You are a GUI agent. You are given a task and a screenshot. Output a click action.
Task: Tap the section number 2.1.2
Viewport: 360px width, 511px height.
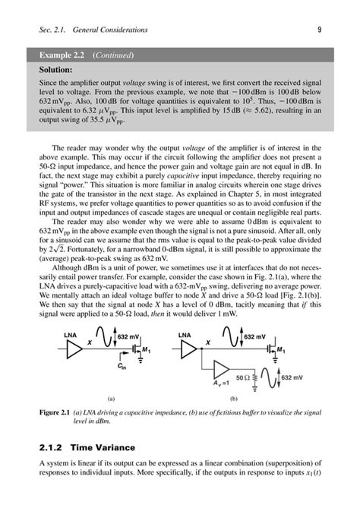tap(54, 449)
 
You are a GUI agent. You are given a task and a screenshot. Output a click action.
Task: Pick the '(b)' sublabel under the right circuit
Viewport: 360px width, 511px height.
tap(234, 398)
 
